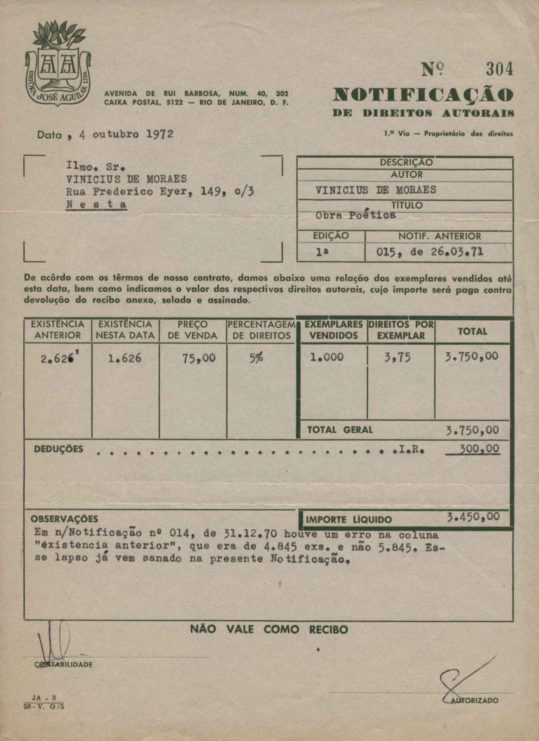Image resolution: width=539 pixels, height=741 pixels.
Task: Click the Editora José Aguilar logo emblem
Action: tap(58, 64)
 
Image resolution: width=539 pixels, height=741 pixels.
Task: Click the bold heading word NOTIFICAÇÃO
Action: tap(423, 95)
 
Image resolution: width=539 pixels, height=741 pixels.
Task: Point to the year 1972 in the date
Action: tap(159, 134)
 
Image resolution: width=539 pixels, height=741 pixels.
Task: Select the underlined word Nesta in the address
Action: tap(97, 204)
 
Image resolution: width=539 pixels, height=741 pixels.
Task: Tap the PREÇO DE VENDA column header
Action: tap(192, 330)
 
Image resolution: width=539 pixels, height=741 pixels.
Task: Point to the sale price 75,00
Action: tap(199, 358)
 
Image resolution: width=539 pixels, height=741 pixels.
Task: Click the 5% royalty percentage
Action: tap(256, 358)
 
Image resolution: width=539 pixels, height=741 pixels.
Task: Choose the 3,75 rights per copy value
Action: tap(397, 357)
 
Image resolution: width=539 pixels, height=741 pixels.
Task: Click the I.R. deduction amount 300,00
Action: tap(480, 449)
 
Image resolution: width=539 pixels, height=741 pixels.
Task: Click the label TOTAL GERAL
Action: tap(340, 430)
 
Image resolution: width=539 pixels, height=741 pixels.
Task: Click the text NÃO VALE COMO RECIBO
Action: tap(269, 629)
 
